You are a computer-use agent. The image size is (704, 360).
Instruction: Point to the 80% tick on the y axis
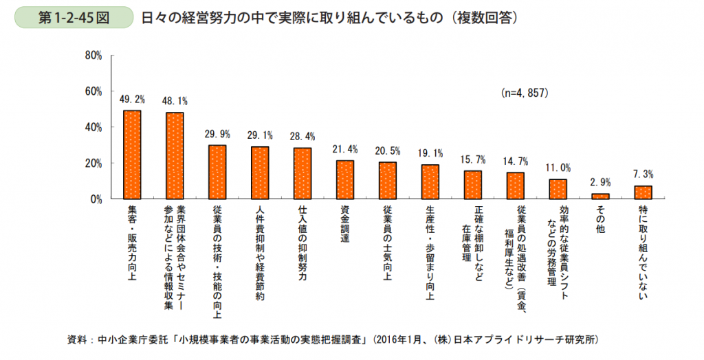coord(93,55)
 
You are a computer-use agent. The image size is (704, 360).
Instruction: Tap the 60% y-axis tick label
coord(93,91)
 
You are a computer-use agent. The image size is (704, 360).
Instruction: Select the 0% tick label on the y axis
coord(96,199)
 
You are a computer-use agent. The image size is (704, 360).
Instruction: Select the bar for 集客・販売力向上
coord(132,155)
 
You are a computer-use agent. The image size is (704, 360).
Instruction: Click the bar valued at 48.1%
coord(175,156)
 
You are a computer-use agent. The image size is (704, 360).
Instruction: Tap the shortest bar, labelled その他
coord(600,196)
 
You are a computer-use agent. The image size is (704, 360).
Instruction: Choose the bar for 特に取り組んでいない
coord(643,192)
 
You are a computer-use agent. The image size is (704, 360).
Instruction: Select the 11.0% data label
coord(558,168)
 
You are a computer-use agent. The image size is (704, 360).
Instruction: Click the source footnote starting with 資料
coord(333,340)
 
